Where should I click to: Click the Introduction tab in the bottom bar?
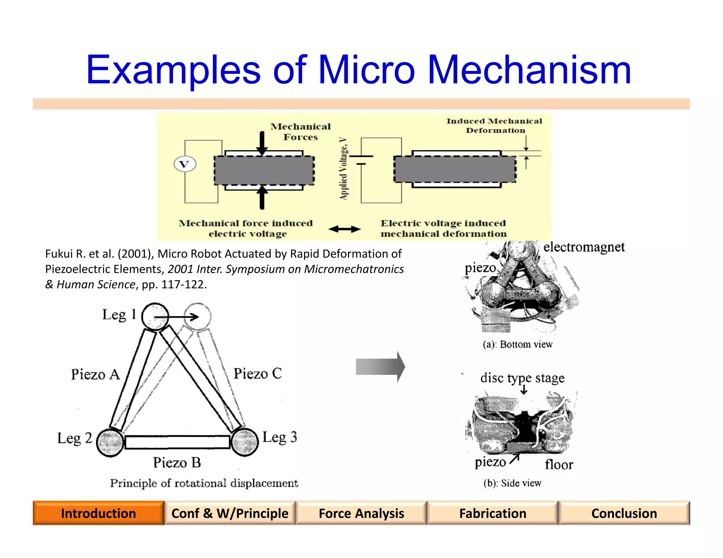coord(98,513)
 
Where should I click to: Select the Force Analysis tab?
coord(361,513)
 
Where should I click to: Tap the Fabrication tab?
coord(492,513)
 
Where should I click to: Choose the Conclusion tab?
coord(624,513)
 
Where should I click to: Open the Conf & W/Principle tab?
coord(230,513)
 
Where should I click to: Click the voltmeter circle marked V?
coord(185,164)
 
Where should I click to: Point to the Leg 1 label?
coord(119,314)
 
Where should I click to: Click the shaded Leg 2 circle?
coord(110,442)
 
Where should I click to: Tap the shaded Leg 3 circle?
coord(245,442)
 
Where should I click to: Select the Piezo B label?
coord(177,462)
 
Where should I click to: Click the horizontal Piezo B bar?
coord(177,442)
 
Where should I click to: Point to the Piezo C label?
coord(258,374)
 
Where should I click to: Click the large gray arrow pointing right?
coord(380,367)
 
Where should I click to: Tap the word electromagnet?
coord(584,247)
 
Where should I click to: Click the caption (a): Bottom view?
coord(518,344)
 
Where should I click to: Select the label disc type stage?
coord(522,378)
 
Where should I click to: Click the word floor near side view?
coord(558,465)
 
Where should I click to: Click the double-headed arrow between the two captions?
coord(344,229)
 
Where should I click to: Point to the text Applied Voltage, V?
coord(343,169)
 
